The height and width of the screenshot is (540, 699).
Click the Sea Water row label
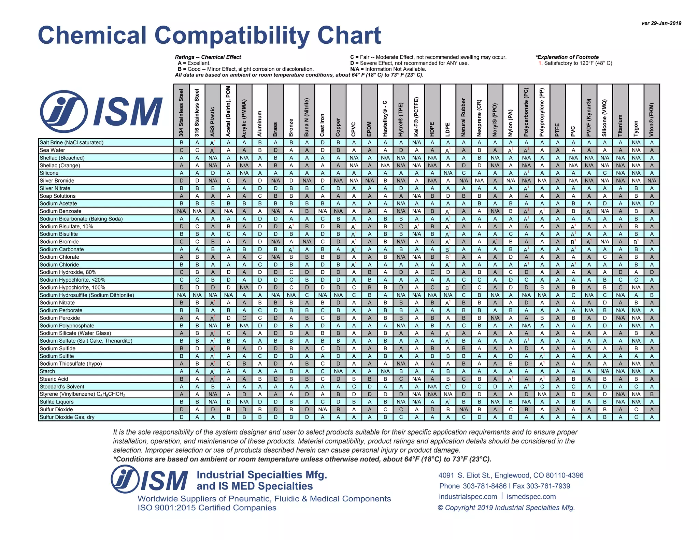click(52, 150)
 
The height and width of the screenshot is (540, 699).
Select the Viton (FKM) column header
click(652, 119)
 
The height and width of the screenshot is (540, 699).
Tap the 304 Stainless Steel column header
click(181, 113)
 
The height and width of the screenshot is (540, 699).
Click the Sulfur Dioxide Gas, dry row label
click(67, 417)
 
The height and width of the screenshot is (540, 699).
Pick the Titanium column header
click(620, 125)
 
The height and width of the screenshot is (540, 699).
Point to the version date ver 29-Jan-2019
click(661, 23)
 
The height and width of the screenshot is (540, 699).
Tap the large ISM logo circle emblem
click(64, 111)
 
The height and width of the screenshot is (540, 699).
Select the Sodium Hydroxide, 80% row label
click(68, 272)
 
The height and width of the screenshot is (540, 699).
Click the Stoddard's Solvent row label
click(62, 386)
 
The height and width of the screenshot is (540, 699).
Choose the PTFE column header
click(557, 130)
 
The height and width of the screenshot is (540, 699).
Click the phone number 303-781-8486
click(485, 486)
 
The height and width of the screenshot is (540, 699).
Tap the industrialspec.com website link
click(468, 497)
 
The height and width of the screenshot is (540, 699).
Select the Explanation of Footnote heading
click(567, 57)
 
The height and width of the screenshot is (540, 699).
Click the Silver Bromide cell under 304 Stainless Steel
click(182, 181)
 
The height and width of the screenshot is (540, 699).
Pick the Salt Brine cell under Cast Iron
click(323, 143)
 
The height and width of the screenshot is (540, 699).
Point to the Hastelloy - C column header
click(385, 118)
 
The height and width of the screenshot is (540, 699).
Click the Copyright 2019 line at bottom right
click(506, 508)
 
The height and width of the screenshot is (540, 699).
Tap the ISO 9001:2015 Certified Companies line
click(207, 508)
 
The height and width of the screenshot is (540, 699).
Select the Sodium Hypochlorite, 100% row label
click(72, 287)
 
